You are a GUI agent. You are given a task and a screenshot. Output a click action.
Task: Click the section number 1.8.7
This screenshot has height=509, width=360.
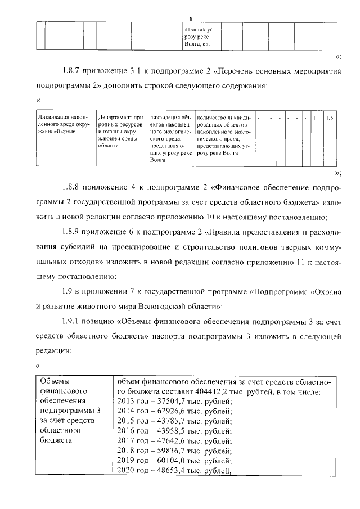click(71, 71)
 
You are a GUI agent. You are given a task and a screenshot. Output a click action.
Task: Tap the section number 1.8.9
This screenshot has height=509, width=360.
click(71, 231)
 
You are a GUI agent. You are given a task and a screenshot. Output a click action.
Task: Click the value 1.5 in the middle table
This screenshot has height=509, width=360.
click(330, 118)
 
